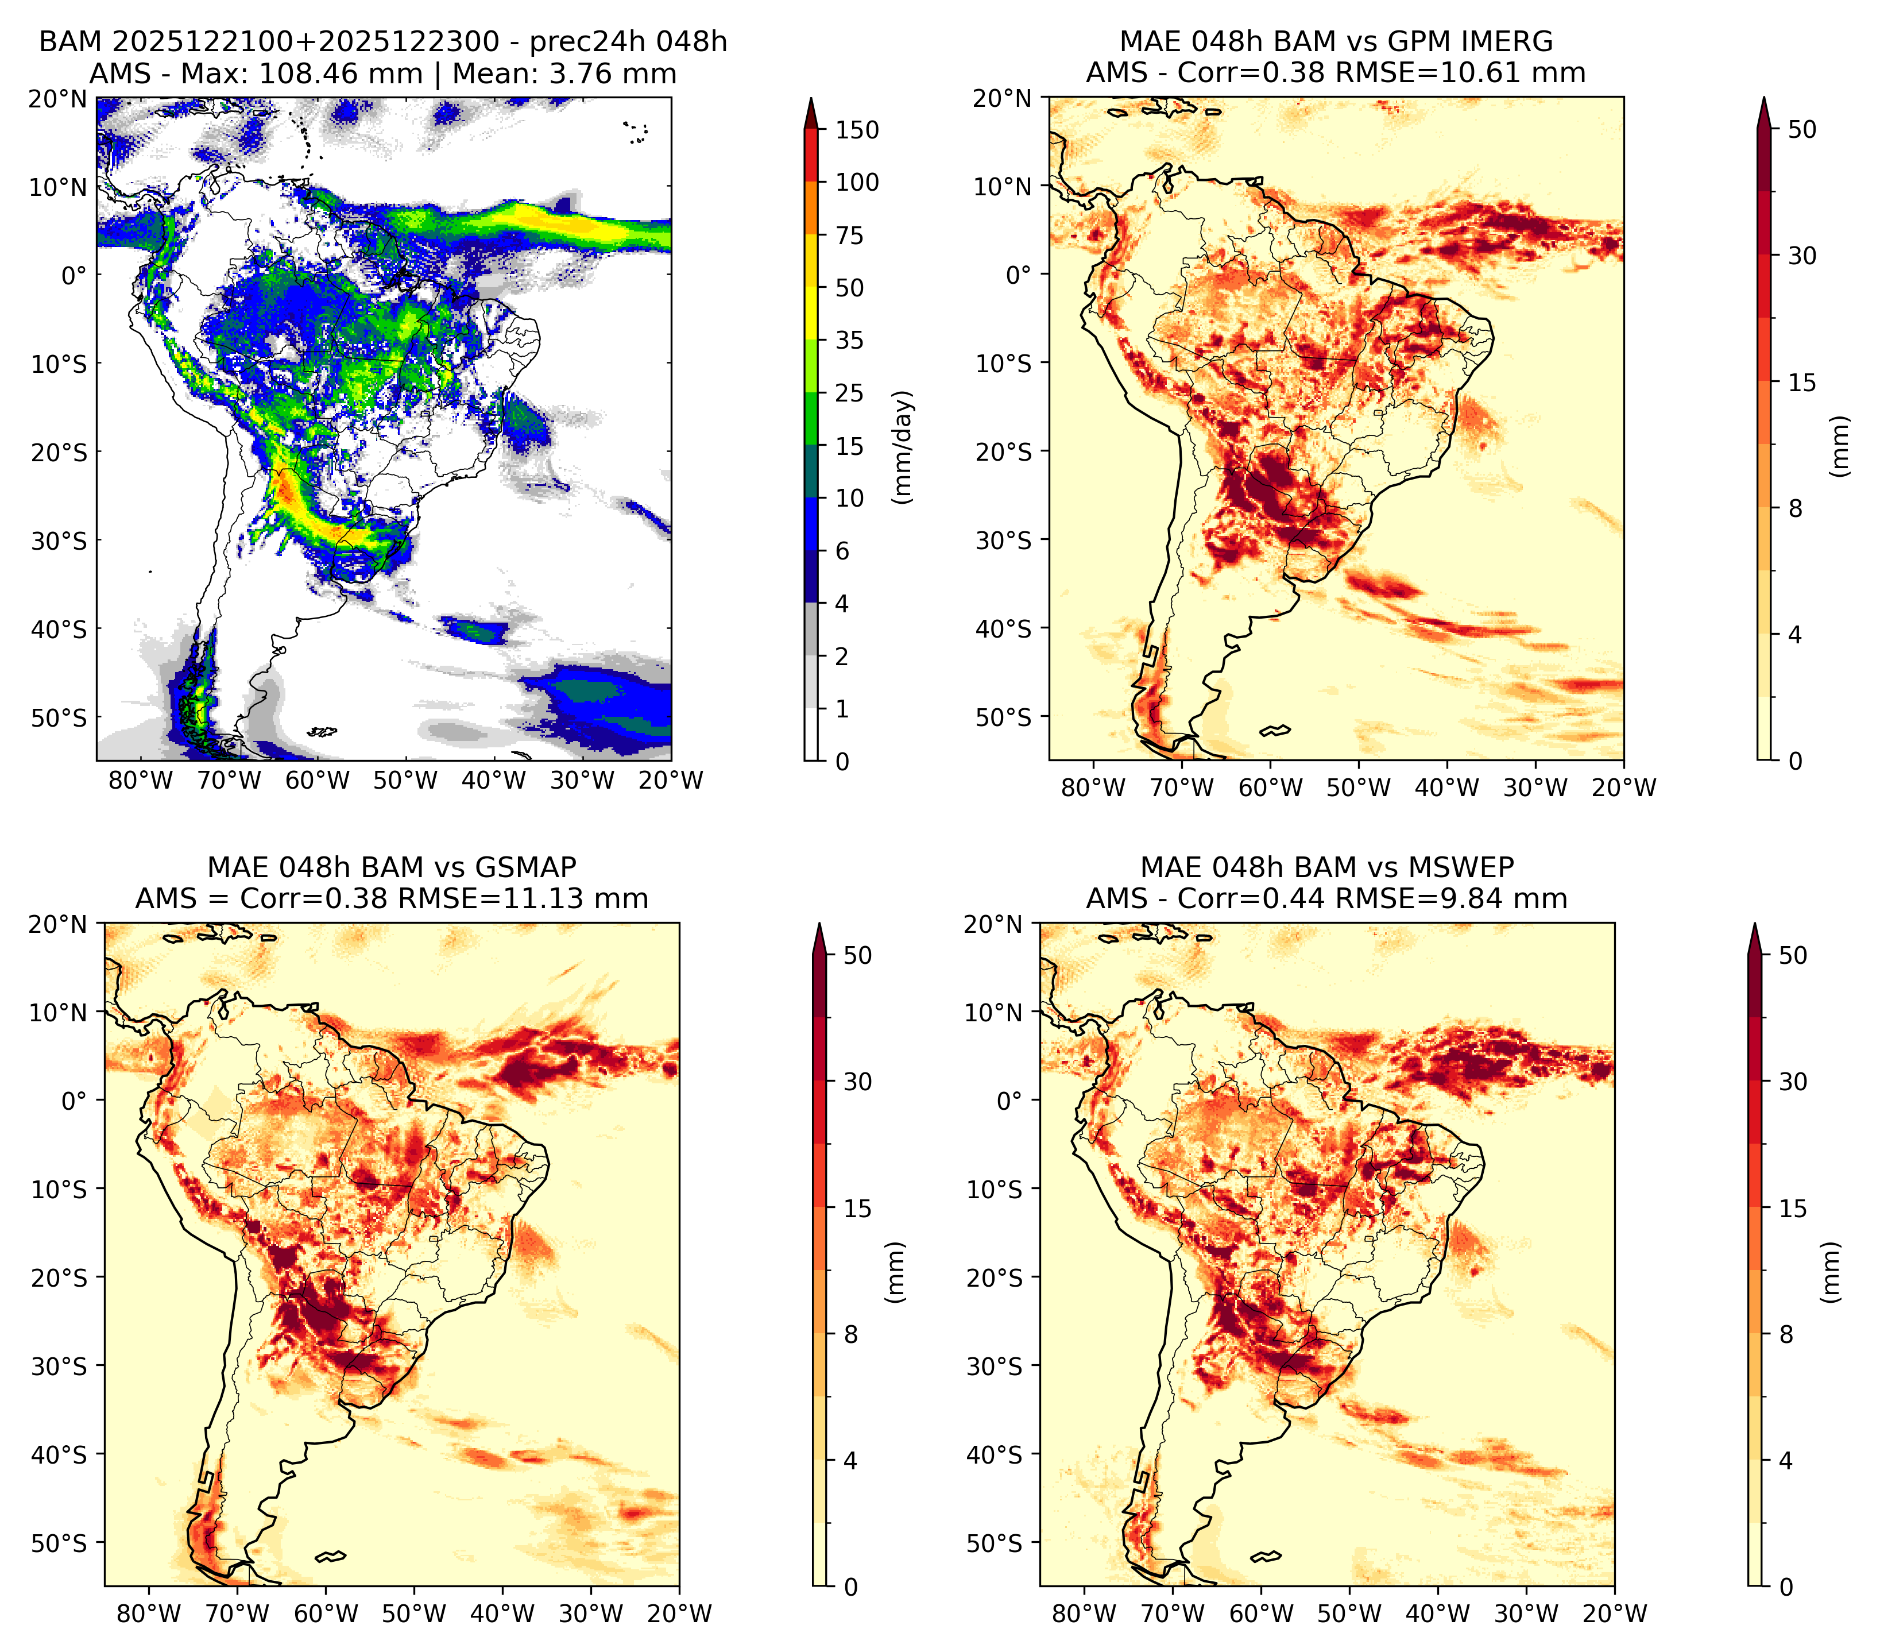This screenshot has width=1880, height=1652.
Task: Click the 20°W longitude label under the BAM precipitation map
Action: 671,780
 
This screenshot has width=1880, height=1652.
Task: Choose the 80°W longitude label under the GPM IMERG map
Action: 1093,788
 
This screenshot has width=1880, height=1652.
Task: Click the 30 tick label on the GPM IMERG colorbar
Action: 1802,256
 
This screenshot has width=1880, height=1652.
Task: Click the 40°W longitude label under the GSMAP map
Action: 502,1614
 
